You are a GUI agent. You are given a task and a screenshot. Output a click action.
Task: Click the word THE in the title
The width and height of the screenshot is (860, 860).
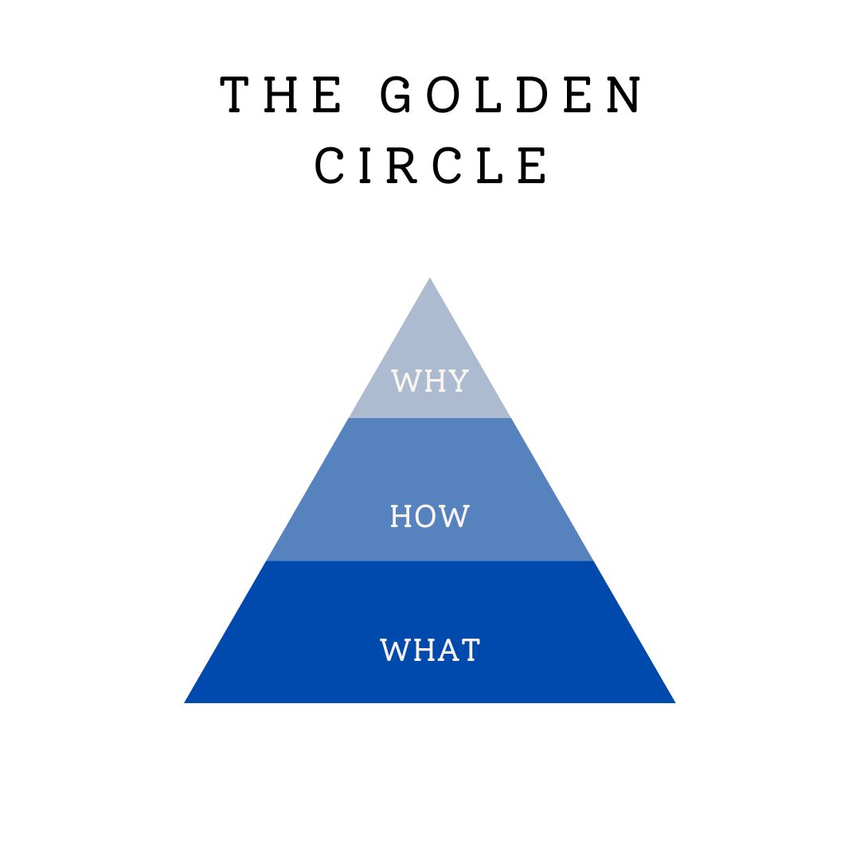click(282, 96)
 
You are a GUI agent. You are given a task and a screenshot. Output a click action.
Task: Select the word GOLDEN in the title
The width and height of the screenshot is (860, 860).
click(510, 96)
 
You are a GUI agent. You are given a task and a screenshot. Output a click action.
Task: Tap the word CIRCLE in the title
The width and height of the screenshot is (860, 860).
click(431, 166)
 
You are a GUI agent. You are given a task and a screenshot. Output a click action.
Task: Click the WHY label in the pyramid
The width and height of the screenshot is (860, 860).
click(430, 381)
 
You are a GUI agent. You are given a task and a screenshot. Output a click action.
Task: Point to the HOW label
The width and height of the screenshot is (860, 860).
click(430, 517)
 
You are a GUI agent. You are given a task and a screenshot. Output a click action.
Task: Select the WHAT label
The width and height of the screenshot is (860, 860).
click(430, 651)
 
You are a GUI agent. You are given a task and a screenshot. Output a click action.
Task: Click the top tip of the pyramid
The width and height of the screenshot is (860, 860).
click(430, 279)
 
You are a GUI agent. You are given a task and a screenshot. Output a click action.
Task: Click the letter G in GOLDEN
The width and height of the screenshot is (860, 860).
click(396, 96)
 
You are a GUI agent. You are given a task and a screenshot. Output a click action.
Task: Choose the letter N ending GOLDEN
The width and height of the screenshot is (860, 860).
click(623, 96)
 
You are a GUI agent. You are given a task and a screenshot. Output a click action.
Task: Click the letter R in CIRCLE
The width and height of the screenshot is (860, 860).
click(405, 166)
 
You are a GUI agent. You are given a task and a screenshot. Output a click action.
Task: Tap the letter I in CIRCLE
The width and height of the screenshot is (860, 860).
click(367, 166)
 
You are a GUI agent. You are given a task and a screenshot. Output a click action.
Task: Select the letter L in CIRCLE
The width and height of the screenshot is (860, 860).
click(491, 166)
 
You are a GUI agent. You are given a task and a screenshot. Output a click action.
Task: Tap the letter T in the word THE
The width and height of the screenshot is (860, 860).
click(236, 96)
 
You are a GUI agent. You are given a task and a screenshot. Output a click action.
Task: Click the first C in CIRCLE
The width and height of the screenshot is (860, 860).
click(329, 166)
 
